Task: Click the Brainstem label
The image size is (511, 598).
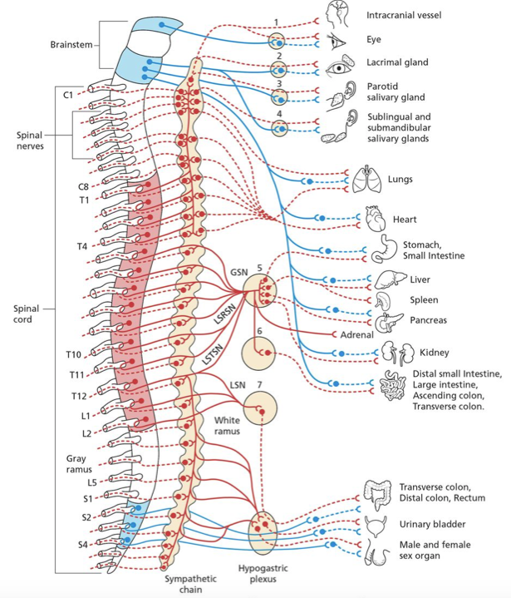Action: click(71, 45)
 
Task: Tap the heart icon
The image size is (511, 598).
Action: click(375, 220)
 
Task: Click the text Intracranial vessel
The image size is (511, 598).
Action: click(404, 15)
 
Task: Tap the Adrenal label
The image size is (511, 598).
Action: click(357, 334)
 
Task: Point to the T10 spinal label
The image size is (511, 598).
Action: click(74, 355)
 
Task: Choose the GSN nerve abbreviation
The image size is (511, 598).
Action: click(238, 272)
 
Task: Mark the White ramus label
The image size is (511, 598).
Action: click(227, 427)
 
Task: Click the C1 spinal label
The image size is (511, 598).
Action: click(68, 96)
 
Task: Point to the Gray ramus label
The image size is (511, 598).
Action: click(76, 464)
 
